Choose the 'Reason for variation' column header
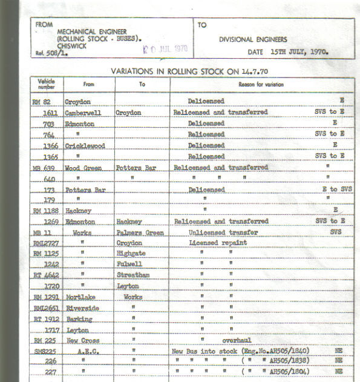pyautogui.click(x=261, y=84)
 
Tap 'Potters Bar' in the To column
pyautogui.click(x=137, y=167)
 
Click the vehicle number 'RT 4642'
pyautogui.click(x=46, y=275)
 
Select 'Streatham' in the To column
pyautogui.click(x=133, y=275)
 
